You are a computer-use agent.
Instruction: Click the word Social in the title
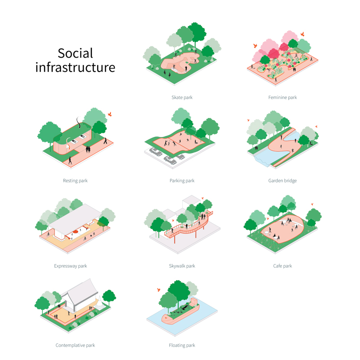pyautogui.click(x=75, y=53)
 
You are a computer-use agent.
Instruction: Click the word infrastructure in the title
pyautogui.click(x=75, y=67)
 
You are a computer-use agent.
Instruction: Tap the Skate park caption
pyautogui.click(x=182, y=97)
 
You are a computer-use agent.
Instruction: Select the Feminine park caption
pyautogui.click(x=283, y=97)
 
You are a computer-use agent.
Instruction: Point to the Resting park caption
pyautogui.click(x=75, y=181)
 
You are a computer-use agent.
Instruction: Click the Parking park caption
pyautogui.click(x=182, y=181)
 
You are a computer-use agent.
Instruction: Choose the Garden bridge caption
pyautogui.click(x=283, y=181)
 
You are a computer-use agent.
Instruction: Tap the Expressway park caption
pyautogui.click(x=71, y=266)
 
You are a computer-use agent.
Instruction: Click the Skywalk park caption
pyautogui.click(x=182, y=266)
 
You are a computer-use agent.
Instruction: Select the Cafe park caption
pyautogui.click(x=283, y=266)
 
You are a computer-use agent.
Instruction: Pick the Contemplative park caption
pyautogui.click(x=75, y=345)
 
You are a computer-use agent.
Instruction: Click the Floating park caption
pyautogui.click(x=182, y=345)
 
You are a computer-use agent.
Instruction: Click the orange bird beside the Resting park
pyautogui.click(x=110, y=114)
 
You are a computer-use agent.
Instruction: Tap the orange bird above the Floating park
pyautogui.click(x=159, y=290)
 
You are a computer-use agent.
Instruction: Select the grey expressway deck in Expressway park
pyautogui.click(x=75, y=216)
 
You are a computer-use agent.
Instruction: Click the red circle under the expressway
pyautogui.click(x=75, y=232)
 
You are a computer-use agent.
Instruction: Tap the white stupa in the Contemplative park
pyautogui.click(x=100, y=302)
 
